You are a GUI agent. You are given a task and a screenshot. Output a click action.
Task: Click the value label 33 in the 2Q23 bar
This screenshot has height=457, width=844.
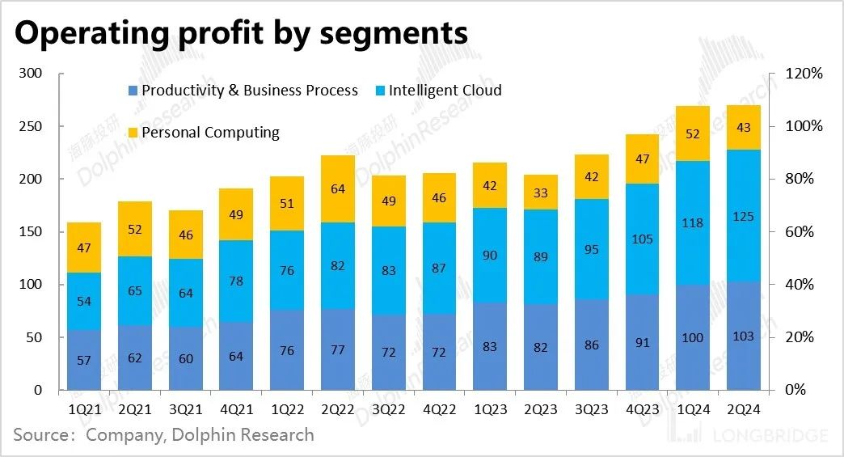pyautogui.click(x=541, y=193)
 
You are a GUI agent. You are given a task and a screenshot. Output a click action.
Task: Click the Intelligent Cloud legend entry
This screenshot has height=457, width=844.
pyautogui.click(x=445, y=91)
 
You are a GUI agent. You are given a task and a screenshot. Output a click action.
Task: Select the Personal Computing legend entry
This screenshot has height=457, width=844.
pyautogui.click(x=210, y=133)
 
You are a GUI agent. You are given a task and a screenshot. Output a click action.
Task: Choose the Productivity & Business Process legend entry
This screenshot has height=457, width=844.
pyautogui.click(x=249, y=91)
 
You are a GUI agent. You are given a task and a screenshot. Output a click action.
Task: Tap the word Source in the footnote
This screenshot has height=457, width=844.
pyautogui.click(x=40, y=435)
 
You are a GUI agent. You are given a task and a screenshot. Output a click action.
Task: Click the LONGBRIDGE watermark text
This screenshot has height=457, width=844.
pyautogui.click(x=771, y=437)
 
